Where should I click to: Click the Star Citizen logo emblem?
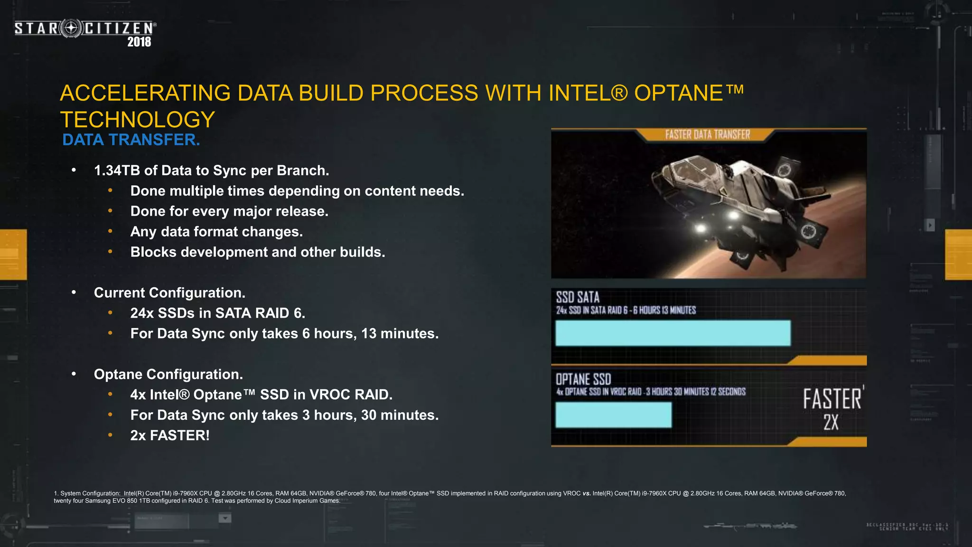71,28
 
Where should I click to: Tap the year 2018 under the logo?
139,42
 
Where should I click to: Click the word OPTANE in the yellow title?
679,93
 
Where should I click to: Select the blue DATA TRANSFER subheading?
131,140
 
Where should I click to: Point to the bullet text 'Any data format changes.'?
216,232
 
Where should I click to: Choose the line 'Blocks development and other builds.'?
258,252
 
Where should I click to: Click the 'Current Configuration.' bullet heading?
169,293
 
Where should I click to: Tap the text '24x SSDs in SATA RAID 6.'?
217,313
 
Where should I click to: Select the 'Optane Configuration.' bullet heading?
168,375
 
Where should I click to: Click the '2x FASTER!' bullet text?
170,435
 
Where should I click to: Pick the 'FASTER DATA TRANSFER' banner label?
707,135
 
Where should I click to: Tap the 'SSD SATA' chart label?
578,298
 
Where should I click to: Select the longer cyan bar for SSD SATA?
673,333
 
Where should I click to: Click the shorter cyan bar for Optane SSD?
613,415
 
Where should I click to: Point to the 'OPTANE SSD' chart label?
583,379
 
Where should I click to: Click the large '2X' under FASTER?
831,422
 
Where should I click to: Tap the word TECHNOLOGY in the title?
138,120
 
